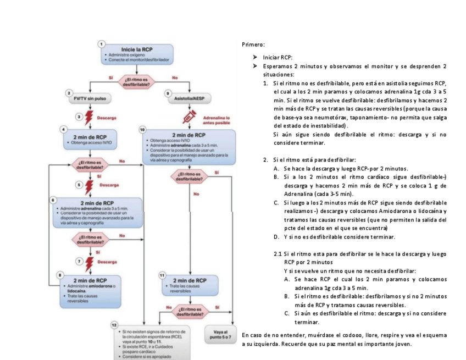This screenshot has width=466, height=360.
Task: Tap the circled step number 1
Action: click(102, 43)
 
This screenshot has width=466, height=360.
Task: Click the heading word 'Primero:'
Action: click(253, 44)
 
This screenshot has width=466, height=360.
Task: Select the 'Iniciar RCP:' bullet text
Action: click(278, 57)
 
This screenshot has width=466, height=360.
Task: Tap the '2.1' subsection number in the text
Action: click(278, 253)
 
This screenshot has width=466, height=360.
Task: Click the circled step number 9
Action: click(168, 93)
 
